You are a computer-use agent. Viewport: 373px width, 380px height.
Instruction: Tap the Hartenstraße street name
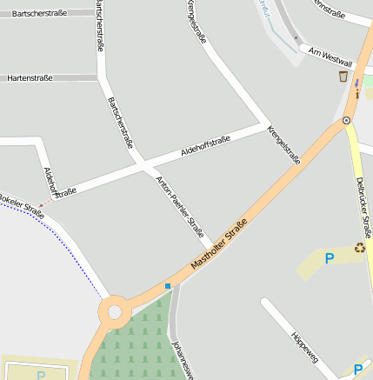pyautogui.click(x=30, y=78)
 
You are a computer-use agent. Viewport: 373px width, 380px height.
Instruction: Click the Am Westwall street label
pyautogui.click(x=330, y=57)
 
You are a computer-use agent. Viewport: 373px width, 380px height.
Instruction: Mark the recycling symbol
pyautogui.click(x=359, y=250)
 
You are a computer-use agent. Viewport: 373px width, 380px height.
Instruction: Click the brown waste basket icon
pyautogui.click(x=343, y=77)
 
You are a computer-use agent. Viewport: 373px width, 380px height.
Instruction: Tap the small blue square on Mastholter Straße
pyautogui.click(x=168, y=285)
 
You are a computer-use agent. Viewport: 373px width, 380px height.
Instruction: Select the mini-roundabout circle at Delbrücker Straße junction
pyautogui.click(x=347, y=120)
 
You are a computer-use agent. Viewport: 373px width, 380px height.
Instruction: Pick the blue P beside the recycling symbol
pyautogui.click(x=329, y=258)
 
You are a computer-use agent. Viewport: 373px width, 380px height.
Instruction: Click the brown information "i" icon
pyautogui.click(x=356, y=93)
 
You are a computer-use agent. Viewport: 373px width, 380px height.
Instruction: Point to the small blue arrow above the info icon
pyautogui.click(x=356, y=83)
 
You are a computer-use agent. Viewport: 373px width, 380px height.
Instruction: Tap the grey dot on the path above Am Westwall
pyautogui.click(x=296, y=38)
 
